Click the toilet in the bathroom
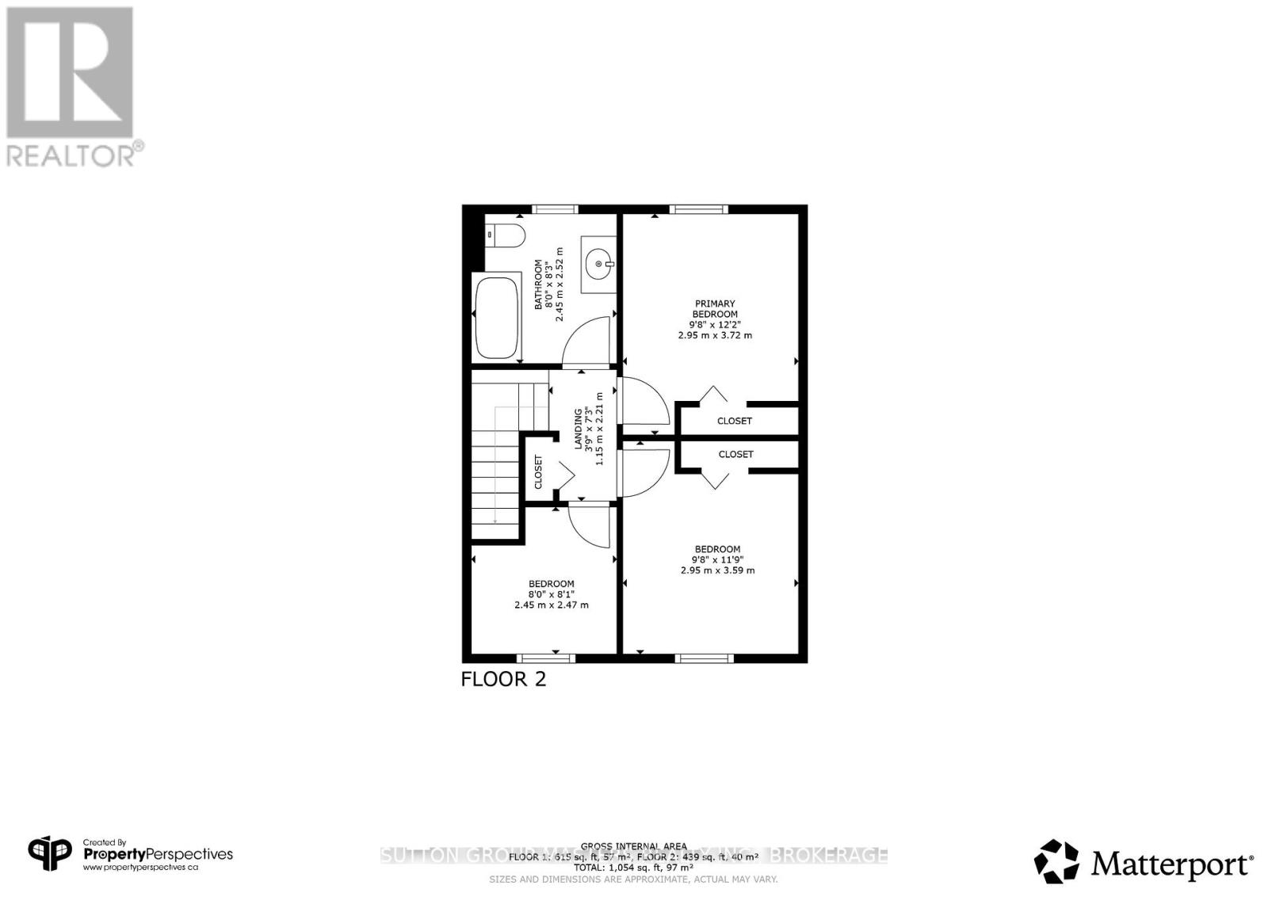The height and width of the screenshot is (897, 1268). pyautogui.click(x=506, y=235)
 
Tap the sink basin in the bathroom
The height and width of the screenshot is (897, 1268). pyautogui.click(x=598, y=264)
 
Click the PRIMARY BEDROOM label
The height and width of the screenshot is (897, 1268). pyautogui.click(x=715, y=309)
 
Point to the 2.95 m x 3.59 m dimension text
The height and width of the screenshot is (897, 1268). pyautogui.click(x=717, y=570)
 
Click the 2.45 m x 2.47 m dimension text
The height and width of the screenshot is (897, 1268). pyautogui.click(x=551, y=605)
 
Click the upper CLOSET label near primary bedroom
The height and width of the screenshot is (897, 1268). pyautogui.click(x=734, y=421)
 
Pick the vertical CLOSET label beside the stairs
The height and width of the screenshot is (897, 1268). pyautogui.click(x=539, y=471)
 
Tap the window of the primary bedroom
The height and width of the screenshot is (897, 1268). pyautogui.click(x=698, y=209)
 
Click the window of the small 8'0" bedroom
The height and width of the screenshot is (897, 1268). pyautogui.click(x=545, y=658)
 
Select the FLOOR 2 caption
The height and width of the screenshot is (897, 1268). pyautogui.click(x=503, y=679)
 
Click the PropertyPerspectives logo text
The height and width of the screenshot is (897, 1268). pyautogui.click(x=158, y=854)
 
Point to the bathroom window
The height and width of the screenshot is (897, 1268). pyautogui.click(x=555, y=209)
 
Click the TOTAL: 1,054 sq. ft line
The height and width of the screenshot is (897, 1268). pyautogui.click(x=633, y=868)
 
